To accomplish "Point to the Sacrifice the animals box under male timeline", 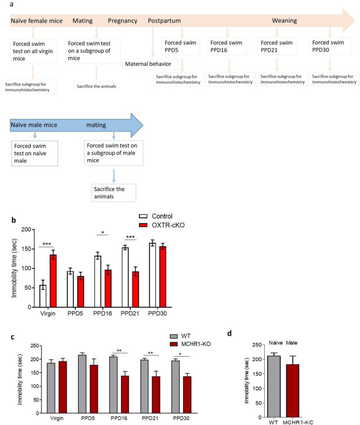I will coord(113,193).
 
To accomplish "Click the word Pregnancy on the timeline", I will coord(124,22).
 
